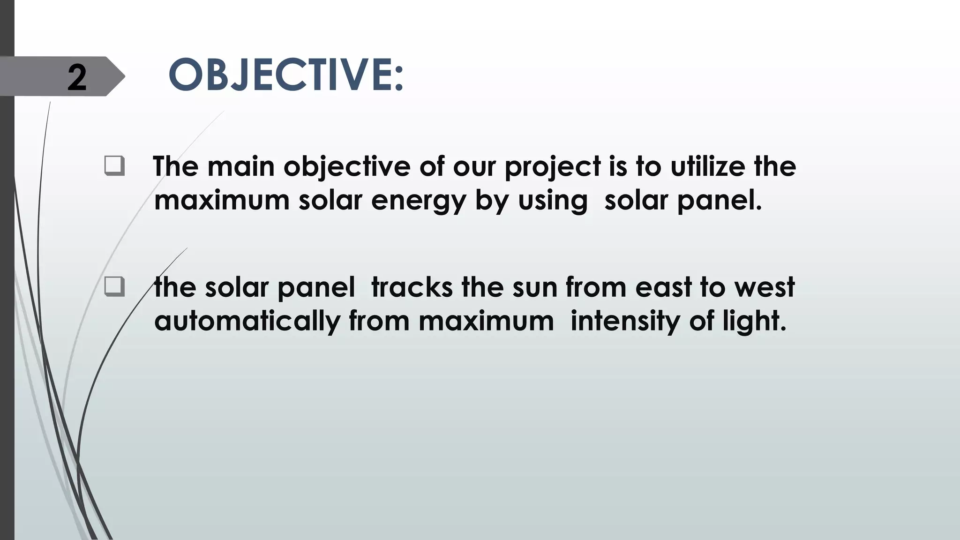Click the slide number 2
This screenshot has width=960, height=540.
point(77,77)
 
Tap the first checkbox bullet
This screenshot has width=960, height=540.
point(114,167)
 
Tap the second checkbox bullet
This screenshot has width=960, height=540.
point(114,287)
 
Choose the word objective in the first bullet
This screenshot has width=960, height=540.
point(347,167)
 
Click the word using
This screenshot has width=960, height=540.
point(553,201)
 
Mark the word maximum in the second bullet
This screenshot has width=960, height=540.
point(486,322)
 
